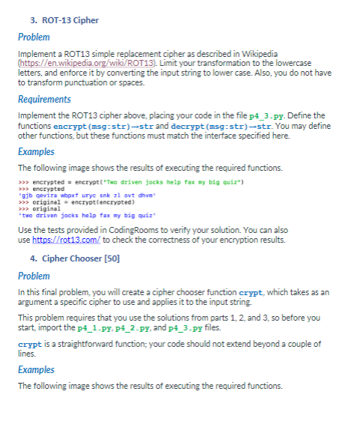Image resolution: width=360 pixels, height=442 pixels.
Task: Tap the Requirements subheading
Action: point(45,99)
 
